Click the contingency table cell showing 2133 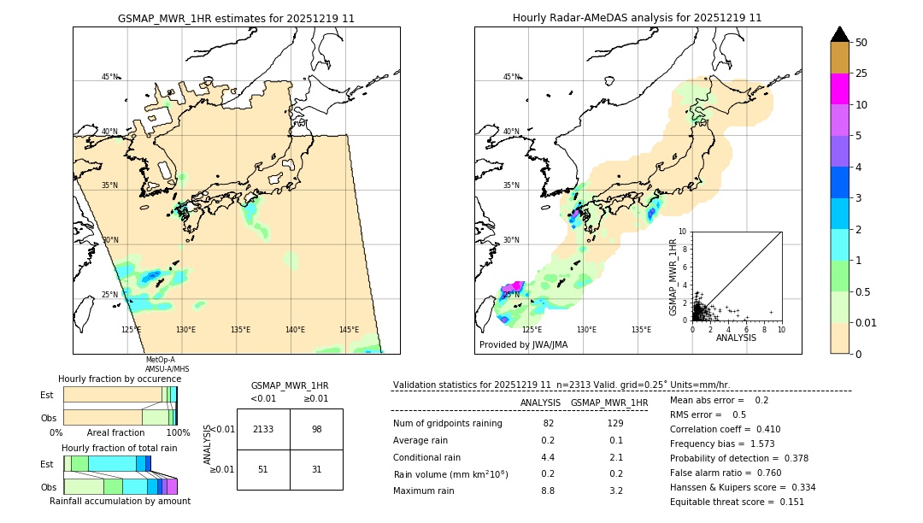tap(263, 429)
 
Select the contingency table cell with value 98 tap(316, 429)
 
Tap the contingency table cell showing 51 tap(263, 469)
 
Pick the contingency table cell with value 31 tap(316, 469)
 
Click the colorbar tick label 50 tap(861, 43)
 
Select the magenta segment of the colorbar tap(840, 89)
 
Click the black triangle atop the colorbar tap(840, 34)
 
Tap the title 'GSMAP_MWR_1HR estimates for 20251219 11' tap(236, 18)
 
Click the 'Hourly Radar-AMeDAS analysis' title tap(638, 18)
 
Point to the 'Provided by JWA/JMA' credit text tap(523, 345)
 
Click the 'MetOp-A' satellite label tap(160, 360)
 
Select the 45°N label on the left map tap(109, 77)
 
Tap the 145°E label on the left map tap(349, 330)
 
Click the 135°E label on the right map tap(641, 330)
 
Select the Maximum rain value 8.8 tap(548, 491)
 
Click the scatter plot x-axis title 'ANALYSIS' tap(736, 338)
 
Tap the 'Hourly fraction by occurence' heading tap(120, 379)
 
